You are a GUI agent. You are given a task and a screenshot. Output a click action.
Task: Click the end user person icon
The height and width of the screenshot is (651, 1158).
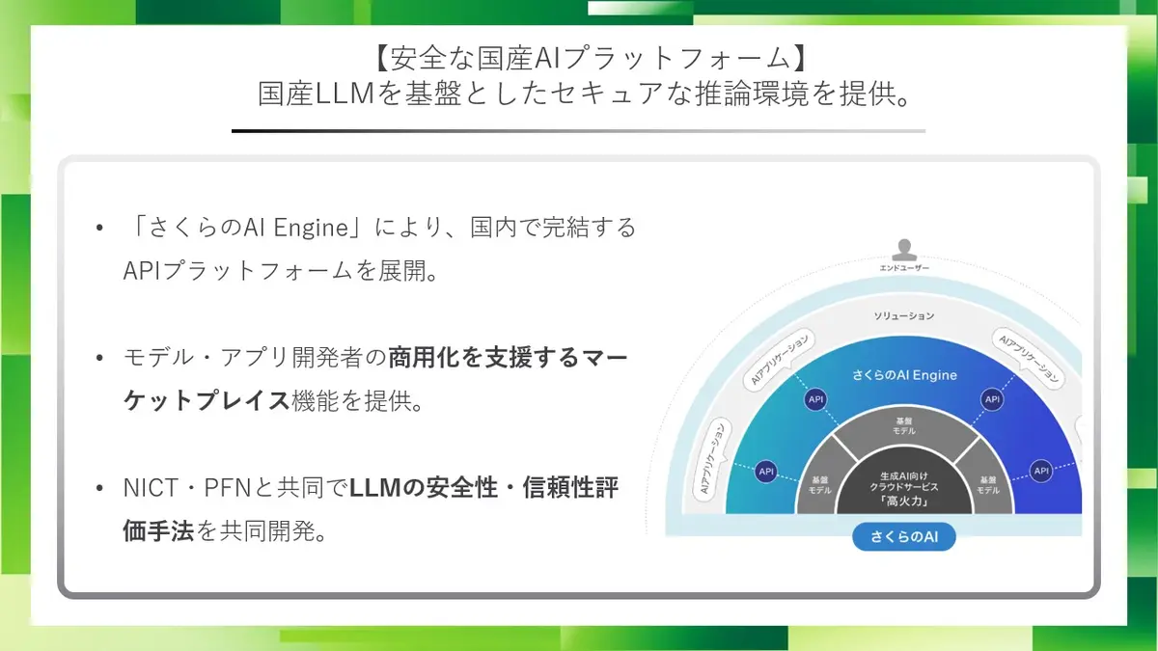[x=904, y=250]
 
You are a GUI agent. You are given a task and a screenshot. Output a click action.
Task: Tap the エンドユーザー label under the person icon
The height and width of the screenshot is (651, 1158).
[x=904, y=268]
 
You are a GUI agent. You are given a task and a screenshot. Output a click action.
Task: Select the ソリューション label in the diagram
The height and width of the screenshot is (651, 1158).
[x=904, y=315]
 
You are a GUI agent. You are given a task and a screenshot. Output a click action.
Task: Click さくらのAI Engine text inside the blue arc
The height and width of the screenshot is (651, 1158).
[x=904, y=375]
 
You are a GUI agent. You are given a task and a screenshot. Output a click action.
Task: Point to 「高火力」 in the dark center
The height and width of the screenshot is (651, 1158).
[x=904, y=502]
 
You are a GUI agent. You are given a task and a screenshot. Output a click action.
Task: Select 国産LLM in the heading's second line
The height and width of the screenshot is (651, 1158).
[x=317, y=94]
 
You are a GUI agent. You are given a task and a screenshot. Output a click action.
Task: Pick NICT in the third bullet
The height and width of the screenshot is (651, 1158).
[x=151, y=488]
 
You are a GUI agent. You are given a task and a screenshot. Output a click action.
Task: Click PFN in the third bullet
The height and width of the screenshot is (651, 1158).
[x=228, y=488]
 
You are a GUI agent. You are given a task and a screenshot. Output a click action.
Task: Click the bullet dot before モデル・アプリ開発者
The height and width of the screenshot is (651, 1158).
[x=99, y=358]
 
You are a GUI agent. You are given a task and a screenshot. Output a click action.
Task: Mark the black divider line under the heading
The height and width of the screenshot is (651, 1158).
[x=578, y=131]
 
